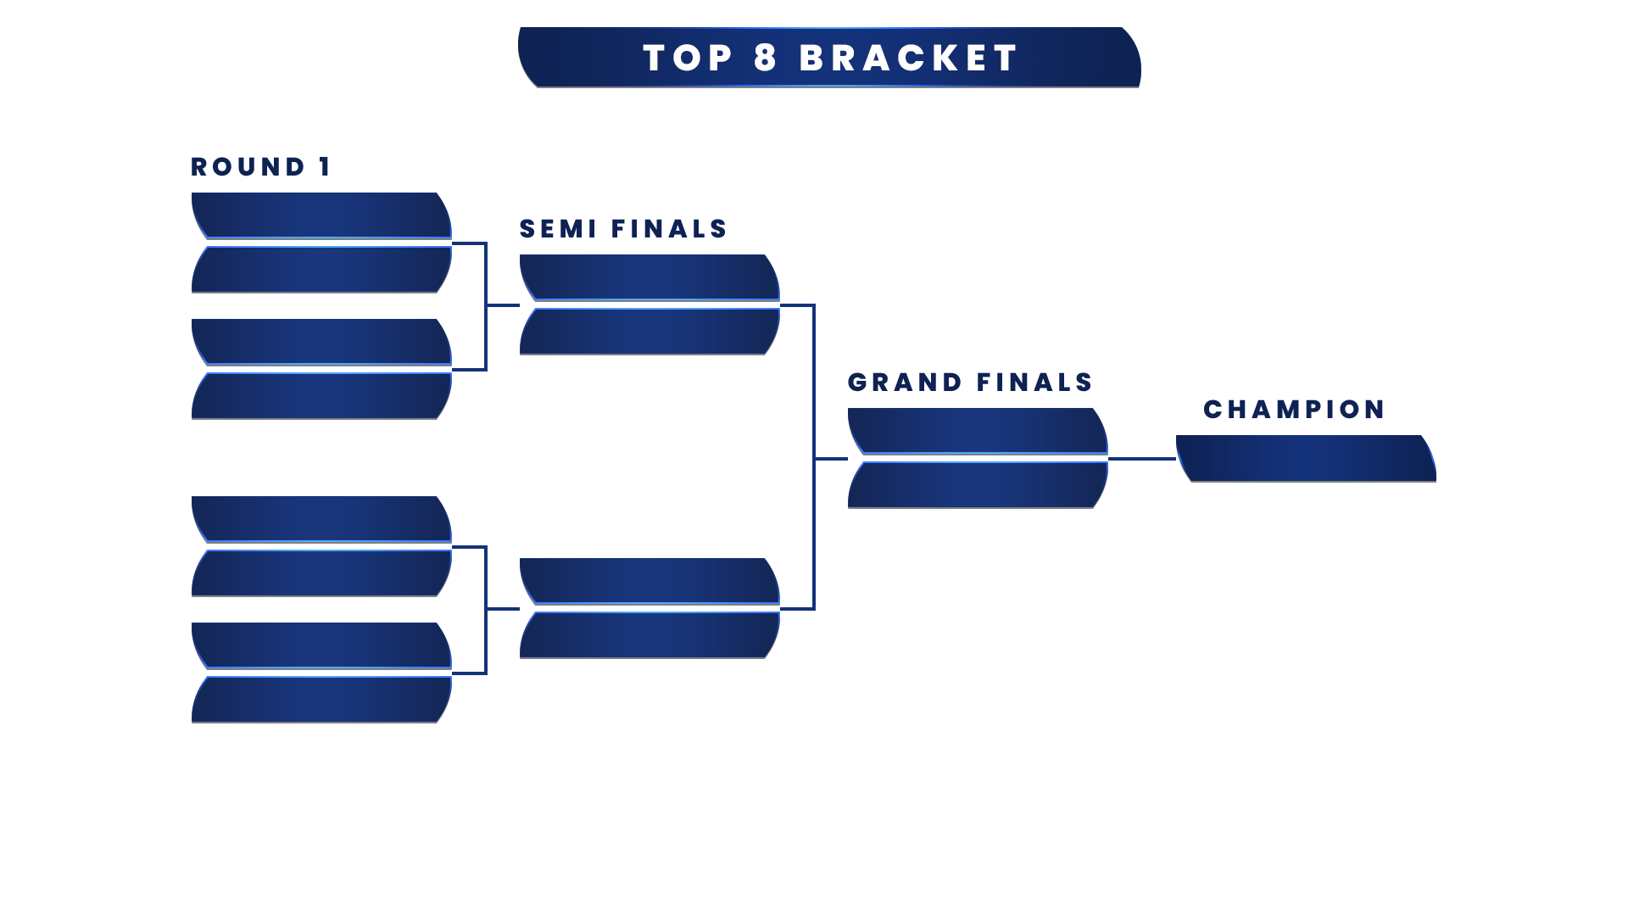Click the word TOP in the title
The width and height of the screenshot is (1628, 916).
pos(688,59)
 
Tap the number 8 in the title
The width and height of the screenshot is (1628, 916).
pos(765,59)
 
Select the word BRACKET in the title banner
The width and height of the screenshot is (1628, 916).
pos(908,59)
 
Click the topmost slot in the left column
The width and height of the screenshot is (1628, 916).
pos(321,215)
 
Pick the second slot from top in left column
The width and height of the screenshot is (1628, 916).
pos(321,269)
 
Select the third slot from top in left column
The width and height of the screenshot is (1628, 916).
pos(321,342)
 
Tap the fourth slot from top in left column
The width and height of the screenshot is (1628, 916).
pos(321,395)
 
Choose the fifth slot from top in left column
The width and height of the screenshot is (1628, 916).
pos(321,519)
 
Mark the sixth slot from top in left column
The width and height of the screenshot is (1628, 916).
pos(321,572)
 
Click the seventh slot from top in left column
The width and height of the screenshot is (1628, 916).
pos(321,645)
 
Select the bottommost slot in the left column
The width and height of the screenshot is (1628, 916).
pos(321,699)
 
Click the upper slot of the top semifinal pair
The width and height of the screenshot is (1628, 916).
pos(650,277)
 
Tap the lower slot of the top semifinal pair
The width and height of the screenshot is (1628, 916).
pos(650,331)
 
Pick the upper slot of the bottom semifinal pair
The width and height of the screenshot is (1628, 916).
pos(650,581)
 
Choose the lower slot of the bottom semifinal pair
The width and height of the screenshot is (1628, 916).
pos(650,634)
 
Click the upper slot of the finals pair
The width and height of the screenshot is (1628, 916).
pos(978,431)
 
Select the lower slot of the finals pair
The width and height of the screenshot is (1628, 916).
pos(978,484)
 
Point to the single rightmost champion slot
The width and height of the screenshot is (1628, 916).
pos(1305,458)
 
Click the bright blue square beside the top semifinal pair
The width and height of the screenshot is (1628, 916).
pos(795,332)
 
